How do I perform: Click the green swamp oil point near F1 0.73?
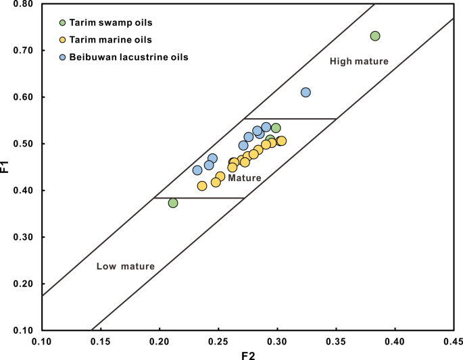[x=375, y=36]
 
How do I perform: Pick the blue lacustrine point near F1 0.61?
[x=306, y=92]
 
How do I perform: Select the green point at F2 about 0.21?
[x=173, y=203]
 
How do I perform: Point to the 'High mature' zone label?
[x=359, y=61]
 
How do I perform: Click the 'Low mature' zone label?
[x=125, y=266]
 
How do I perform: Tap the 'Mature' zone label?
[x=244, y=178]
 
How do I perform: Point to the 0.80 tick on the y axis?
[x=24, y=4]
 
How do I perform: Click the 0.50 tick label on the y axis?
[x=24, y=144]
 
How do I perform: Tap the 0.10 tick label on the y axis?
[x=24, y=331]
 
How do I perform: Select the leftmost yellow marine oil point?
[x=202, y=186]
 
